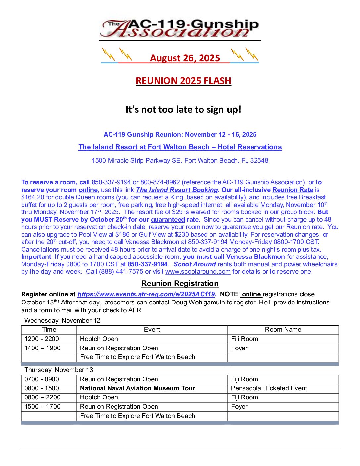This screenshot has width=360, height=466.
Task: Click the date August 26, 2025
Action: click(x=185, y=58)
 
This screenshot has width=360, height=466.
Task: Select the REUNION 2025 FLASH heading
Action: click(x=183, y=81)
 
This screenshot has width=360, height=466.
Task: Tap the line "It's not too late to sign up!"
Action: click(x=183, y=109)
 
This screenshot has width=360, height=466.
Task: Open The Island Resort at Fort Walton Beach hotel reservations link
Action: click(x=180, y=147)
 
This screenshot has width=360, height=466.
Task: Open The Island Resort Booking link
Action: click(x=177, y=190)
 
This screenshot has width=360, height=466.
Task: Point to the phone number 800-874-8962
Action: click(x=160, y=182)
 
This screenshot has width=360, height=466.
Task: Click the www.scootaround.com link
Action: click(x=198, y=272)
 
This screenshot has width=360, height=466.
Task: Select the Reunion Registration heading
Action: click(x=180, y=284)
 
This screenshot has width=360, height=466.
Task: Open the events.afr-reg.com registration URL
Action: click(x=146, y=294)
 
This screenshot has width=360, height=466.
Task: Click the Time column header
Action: click(x=49, y=330)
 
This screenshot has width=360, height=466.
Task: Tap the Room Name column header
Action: click(x=283, y=330)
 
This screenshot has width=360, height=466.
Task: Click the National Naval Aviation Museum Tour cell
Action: click(x=138, y=388)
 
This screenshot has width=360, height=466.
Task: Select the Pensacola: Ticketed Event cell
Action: click(x=269, y=388)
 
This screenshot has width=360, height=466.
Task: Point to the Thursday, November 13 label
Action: click(x=59, y=370)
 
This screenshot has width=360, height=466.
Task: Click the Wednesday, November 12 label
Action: click(x=62, y=321)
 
